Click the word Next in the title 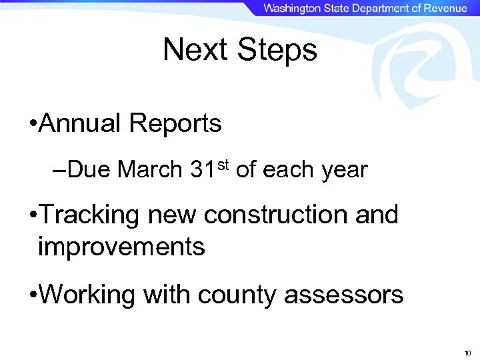tap(196, 50)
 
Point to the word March tap(150, 170)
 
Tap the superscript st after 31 tap(223, 165)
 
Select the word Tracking tap(91, 216)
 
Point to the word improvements tap(121, 247)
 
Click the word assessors tap(344, 295)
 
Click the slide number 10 tap(467, 352)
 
